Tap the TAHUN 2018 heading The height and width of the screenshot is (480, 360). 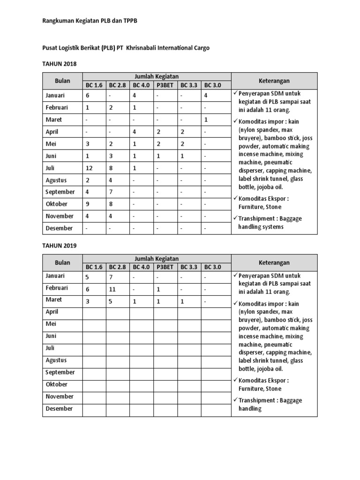(60, 63)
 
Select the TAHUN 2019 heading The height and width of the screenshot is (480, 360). (60, 245)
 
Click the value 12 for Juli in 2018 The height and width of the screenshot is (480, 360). (89, 168)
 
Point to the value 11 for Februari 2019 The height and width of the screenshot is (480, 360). (112, 290)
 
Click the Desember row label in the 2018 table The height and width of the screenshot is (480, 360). (59, 228)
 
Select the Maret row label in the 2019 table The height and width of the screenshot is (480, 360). (54, 300)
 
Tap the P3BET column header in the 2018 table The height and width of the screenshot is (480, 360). (165, 85)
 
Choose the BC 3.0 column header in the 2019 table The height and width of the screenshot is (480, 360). (212, 267)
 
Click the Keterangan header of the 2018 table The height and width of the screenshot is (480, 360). (274, 81)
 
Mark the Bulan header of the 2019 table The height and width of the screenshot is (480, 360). (62, 262)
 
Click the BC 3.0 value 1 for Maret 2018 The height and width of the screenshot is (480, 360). (206, 120)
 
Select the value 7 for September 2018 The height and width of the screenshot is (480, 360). (112, 192)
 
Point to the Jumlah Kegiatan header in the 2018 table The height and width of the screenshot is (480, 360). (157, 76)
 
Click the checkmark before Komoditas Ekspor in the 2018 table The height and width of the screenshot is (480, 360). (235, 198)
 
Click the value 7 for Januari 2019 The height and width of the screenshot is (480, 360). (112, 277)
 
